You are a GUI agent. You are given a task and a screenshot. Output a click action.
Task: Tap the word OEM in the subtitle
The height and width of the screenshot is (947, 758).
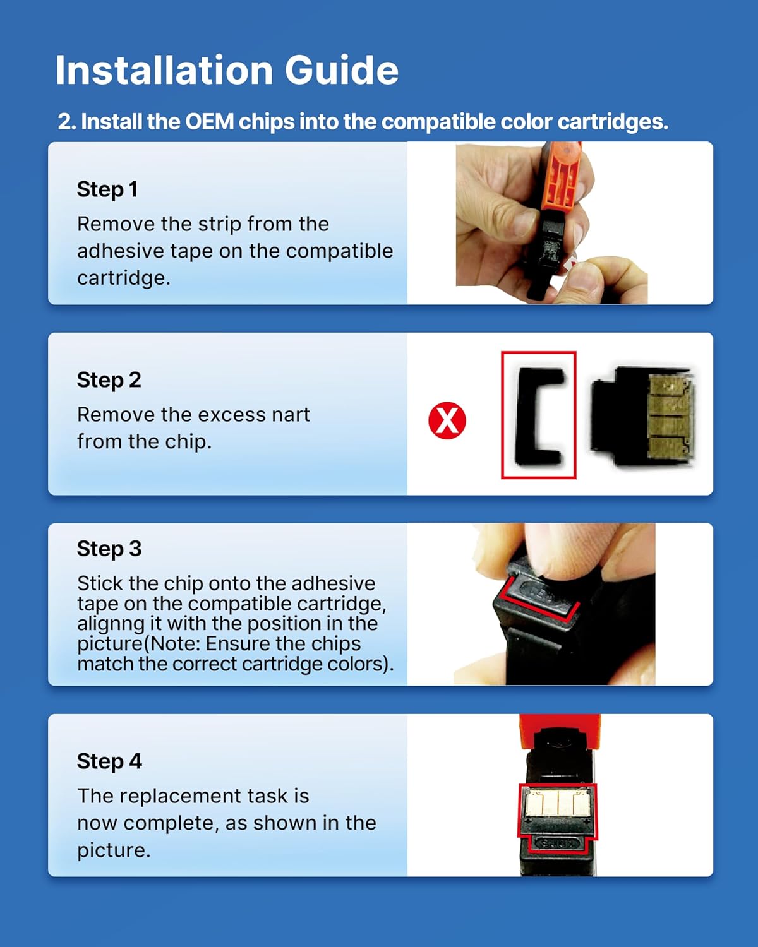tap(209, 121)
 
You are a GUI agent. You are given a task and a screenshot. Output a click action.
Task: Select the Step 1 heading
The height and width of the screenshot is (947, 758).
tap(107, 189)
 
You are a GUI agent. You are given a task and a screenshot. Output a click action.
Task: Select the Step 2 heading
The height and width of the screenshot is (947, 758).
tap(109, 380)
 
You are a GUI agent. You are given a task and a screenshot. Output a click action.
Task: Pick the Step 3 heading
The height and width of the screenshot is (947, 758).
tap(109, 549)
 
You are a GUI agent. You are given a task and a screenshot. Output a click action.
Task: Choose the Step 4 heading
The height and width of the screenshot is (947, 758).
tap(109, 761)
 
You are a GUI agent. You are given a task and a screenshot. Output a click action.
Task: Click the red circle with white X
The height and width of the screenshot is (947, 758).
tap(447, 420)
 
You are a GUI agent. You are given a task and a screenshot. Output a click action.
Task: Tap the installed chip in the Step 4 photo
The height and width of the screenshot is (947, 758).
tap(558, 802)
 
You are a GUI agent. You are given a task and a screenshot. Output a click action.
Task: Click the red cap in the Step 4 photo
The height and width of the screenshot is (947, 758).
tap(560, 730)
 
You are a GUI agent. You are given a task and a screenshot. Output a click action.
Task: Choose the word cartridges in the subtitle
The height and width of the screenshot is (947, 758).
tap(612, 122)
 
